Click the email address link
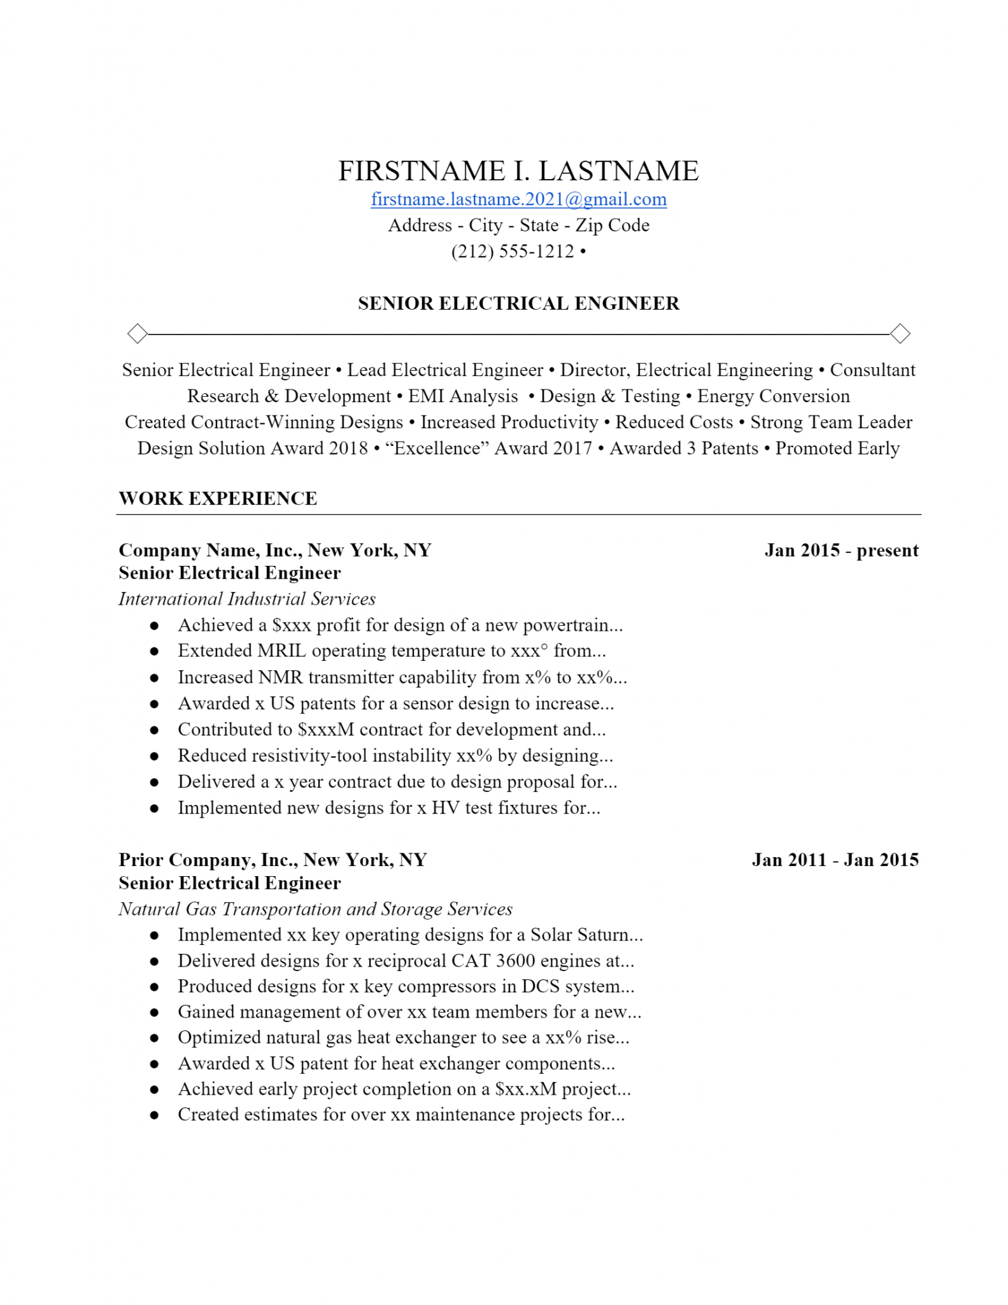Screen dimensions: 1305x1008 click(x=518, y=199)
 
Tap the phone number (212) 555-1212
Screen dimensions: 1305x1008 click(x=513, y=251)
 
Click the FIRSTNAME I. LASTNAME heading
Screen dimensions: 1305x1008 click(x=518, y=171)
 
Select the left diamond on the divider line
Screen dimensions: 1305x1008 click(x=138, y=333)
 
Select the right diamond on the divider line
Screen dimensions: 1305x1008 click(x=900, y=333)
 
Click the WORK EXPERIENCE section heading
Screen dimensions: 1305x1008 click(x=218, y=498)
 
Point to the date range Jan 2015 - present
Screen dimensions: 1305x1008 click(x=841, y=550)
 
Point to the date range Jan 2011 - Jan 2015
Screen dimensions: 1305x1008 click(x=835, y=860)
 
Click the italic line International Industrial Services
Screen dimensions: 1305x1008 click(x=247, y=599)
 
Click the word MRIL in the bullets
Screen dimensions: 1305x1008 click(x=281, y=651)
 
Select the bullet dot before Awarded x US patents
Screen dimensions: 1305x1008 click(x=154, y=704)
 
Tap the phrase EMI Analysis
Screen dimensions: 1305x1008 click(x=463, y=396)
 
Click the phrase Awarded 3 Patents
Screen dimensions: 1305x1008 click(x=684, y=448)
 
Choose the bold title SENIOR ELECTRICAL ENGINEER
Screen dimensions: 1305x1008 click(x=518, y=303)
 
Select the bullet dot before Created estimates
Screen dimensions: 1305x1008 click(x=154, y=1115)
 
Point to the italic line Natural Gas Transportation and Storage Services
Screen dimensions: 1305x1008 click(x=315, y=909)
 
